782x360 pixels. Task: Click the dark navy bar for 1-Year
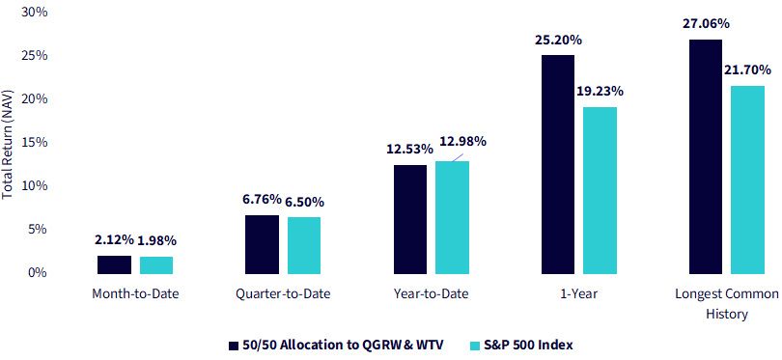point(558,164)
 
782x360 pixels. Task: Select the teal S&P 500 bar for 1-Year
point(600,190)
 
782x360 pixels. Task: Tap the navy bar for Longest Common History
point(705,156)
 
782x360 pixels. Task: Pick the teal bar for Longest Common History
point(747,180)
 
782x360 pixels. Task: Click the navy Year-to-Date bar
point(410,219)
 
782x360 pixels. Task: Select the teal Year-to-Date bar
point(453,217)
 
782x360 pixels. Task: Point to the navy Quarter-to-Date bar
point(262,245)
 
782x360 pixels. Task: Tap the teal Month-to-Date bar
point(156,265)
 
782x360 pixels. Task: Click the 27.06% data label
point(704,23)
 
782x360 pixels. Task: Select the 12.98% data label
point(462,142)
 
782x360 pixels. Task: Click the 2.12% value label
point(114,240)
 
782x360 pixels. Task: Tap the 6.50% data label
point(304,203)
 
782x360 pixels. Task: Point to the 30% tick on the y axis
point(35,12)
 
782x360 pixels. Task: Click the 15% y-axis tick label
point(35,143)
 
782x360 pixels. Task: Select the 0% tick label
point(38,273)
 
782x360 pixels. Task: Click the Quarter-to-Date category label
point(283,294)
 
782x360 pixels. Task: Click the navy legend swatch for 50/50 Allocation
point(233,345)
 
